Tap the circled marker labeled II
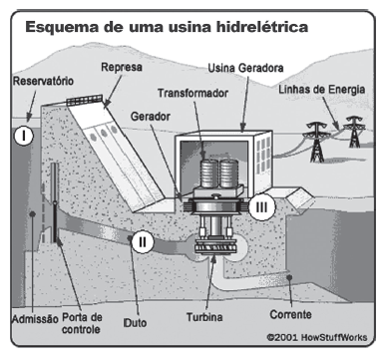point(143,239)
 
